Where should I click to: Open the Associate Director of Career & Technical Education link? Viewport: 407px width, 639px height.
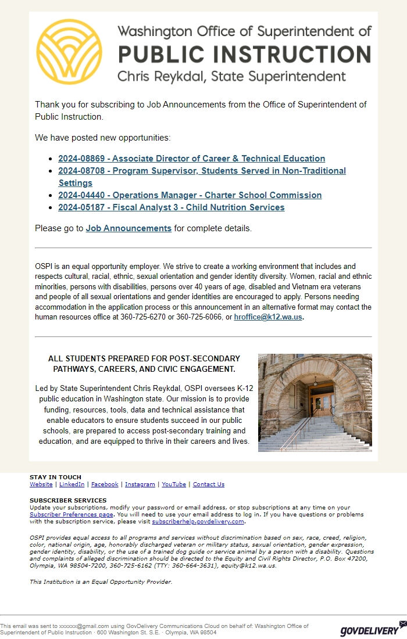pos(191,159)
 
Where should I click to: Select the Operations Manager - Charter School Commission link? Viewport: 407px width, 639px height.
pos(190,195)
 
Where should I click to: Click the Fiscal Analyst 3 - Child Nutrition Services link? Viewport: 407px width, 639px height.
pos(171,207)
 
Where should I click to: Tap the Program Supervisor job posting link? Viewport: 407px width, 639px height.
pos(202,171)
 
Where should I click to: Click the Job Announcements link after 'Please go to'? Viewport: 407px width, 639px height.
pos(128,228)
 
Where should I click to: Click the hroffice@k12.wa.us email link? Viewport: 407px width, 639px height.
pos(268,317)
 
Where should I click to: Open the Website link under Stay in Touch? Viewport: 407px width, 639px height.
pos(41,484)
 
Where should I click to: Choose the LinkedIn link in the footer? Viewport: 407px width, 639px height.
pos(72,484)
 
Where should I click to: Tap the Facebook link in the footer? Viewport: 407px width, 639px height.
pos(105,484)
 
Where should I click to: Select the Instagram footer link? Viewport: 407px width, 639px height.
pos(140,484)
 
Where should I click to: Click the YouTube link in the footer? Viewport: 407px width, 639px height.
pos(174,484)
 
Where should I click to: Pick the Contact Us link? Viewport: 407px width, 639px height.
pos(208,484)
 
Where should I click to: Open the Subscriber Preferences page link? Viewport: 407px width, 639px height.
pos(72,515)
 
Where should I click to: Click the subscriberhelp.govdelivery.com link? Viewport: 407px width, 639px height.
pos(198,522)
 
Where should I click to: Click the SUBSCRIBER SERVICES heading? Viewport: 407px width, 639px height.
pos(68,500)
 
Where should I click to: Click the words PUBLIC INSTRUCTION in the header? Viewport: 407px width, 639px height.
pos(244,54)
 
